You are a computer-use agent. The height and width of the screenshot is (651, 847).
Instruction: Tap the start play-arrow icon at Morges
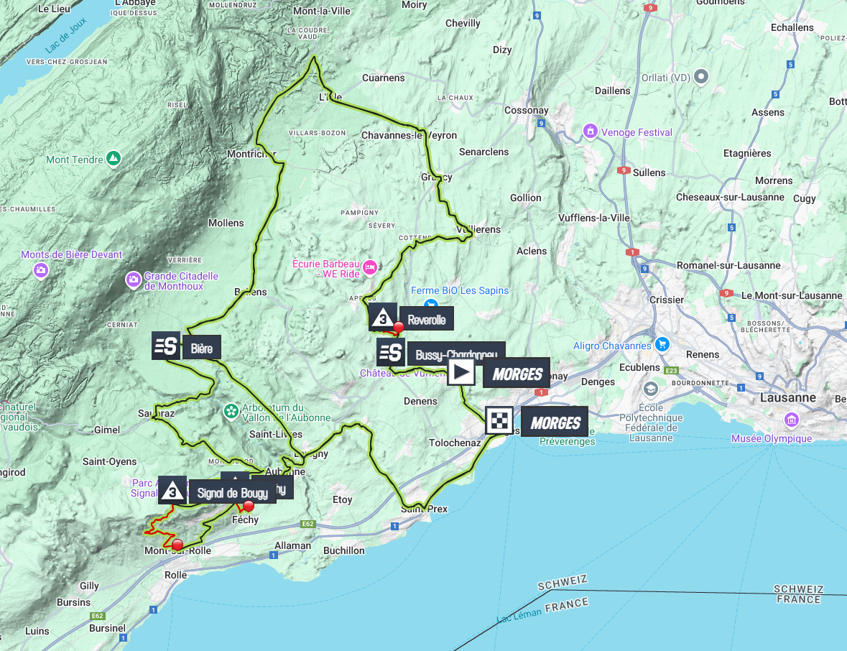461,372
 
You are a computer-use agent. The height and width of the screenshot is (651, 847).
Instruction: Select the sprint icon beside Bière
166,346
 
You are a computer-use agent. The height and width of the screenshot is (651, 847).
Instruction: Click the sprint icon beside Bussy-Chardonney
390,352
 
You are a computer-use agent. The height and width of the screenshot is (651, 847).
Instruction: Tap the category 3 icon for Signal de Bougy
172,490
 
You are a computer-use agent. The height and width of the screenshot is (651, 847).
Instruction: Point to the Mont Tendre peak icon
114,158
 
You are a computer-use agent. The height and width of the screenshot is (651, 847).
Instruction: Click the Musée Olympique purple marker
792,420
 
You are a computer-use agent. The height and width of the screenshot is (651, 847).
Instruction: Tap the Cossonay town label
527,111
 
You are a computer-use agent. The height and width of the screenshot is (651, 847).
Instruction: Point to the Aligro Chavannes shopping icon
662,344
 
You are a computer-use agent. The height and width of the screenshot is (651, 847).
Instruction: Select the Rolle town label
176,575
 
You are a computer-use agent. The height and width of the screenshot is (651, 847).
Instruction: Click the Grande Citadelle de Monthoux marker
133,279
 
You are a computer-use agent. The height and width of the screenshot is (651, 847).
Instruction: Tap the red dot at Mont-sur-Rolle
177,545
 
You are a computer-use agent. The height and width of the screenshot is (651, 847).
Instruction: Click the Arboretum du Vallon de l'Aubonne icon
231,411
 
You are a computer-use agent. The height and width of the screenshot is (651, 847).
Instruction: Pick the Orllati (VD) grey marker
702,76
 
